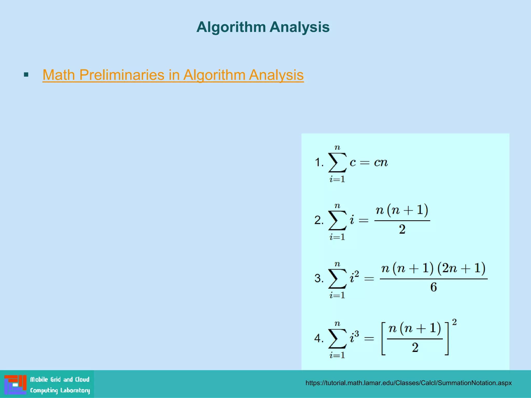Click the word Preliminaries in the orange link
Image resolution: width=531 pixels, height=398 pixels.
click(122, 75)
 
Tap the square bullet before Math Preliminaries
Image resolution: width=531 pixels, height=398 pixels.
click(26, 75)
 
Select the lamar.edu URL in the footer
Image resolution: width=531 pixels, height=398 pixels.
click(408, 383)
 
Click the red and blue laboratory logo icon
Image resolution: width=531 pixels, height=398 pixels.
click(15, 384)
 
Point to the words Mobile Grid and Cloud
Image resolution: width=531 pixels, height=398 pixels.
click(60, 380)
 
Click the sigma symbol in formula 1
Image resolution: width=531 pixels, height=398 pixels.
click(337, 163)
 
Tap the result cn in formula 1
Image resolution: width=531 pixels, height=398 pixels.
click(381, 162)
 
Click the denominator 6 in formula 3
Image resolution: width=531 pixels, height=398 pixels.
click(434, 287)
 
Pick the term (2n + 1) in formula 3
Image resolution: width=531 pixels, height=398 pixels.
click(461, 268)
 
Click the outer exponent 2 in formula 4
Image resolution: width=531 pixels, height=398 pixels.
click(454, 322)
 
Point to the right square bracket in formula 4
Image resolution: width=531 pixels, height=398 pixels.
click(446, 338)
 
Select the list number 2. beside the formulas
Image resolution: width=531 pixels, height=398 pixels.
click(319, 221)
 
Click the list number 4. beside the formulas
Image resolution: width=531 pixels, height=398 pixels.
click(319, 338)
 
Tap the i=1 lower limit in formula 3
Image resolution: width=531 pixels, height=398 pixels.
click(337, 295)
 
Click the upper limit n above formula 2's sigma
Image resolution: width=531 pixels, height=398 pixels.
click(337, 206)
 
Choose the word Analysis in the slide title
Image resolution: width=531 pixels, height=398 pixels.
click(299, 27)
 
